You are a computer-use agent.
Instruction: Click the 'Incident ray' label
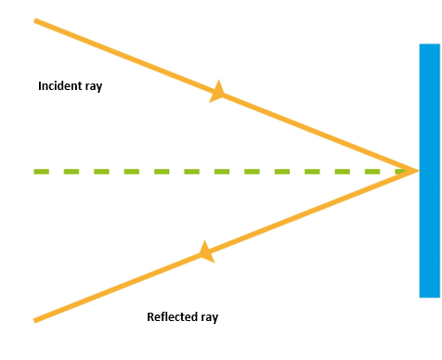click(70, 86)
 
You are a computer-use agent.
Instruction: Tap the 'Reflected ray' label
click(182, 317)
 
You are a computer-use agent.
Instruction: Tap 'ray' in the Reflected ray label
click(209, 318)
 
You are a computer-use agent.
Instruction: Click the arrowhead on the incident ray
click(218, 92)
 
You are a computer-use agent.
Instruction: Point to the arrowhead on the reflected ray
click(206, 251)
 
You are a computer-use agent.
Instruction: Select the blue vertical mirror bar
click(429, 171)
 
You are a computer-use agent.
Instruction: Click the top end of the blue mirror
click(429, 46)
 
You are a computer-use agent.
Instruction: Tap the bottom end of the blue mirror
click(429, 294)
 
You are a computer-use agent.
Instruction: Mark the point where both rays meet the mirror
click(416, 171)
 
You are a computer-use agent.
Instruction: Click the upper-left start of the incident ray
click(36, 20)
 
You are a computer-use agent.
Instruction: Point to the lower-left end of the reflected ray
click(36, 320)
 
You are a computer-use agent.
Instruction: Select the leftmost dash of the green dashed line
click(40, 171)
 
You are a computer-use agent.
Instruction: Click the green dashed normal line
click(223, 171)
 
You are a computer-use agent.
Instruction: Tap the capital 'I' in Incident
click(40, 86)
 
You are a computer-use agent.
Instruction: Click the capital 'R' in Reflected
click(150, 317)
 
